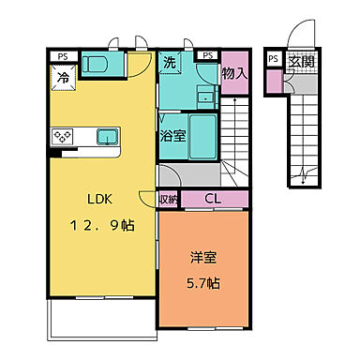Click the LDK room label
tap(99, 199)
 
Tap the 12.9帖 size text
tap(103, 225)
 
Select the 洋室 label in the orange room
tap(203, 257)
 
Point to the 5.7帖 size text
tap(203, 283)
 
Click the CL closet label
tap(213, 199)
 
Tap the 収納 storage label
tap(169, 200)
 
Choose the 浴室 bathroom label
tap(172, 135)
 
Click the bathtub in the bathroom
tap(203, 137)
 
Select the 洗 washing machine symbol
tap(170, 63)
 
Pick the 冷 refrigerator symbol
tap(64, 78)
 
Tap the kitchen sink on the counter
tap(108, 137)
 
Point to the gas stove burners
tap(63, 137)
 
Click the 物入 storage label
tap(234, 74)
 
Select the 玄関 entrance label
tap(301, 62)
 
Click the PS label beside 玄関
tap(274, 59)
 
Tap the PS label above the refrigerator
tap(63, 57)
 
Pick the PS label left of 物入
tap(208, 55)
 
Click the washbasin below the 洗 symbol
tap(206, 97)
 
